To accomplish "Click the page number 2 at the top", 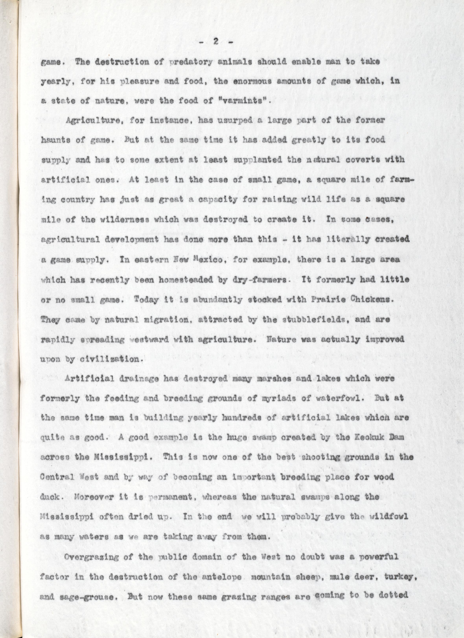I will [216, 42].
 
